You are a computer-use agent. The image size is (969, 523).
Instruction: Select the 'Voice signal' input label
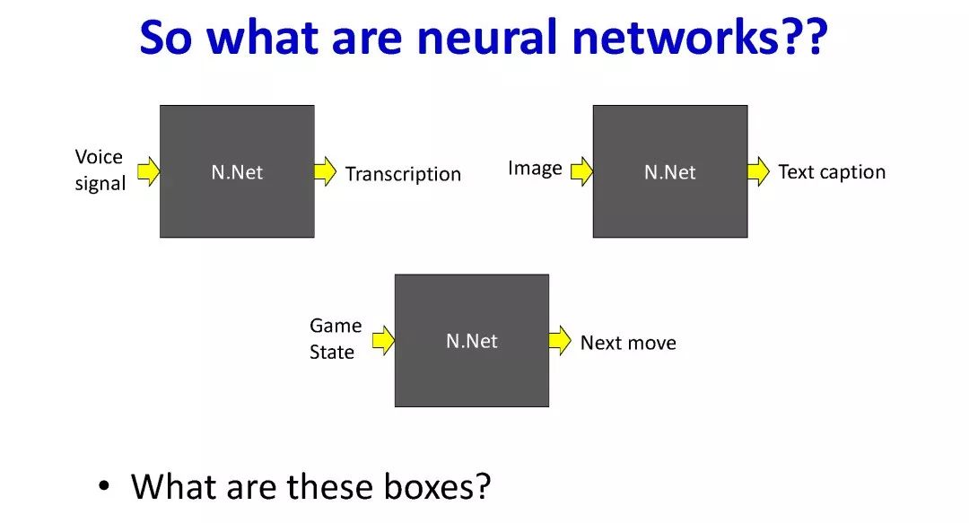(x=100, y=170)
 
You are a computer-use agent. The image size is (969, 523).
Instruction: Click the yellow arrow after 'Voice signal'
(x=148, y=170)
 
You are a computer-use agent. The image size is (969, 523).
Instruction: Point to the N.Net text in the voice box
(x=237, y=172)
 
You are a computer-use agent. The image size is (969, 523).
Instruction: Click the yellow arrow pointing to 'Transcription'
(x=326, y=171)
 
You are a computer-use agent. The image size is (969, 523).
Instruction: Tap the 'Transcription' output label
(x=403, y=174)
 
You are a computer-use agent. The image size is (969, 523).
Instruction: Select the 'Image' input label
(x=535, y=169)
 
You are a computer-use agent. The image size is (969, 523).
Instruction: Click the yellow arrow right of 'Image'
(x=581, y=171)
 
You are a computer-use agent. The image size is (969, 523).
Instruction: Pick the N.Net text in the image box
(x=670, y=172)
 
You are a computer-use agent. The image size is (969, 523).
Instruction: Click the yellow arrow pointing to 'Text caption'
(x=759, y=171)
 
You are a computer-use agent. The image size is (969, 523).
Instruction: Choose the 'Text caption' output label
(x=832, y=172)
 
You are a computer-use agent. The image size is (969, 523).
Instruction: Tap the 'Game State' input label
(x=336, y=339)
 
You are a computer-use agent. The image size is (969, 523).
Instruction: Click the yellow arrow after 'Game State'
(x=383, y=340)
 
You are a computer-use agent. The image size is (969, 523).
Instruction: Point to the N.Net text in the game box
(x=472, y=341)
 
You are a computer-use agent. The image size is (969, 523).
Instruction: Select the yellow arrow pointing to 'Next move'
(x=560, y=341)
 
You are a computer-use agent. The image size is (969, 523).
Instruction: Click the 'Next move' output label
(x=628, y=343)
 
